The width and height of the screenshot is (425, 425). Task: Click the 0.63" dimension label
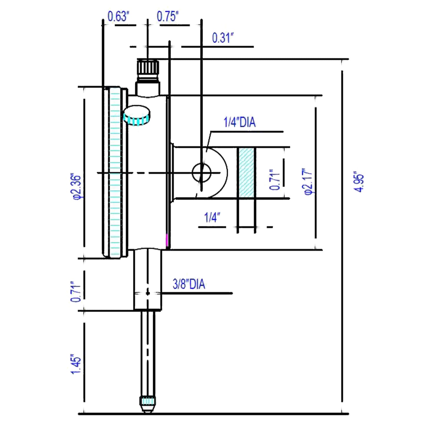[x=118, y=16]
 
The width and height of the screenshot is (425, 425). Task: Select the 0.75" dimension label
[x=168, y=16]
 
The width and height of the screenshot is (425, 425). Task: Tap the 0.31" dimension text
[x=223, y=38]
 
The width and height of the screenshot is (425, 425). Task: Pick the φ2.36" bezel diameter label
[x=76, y=187]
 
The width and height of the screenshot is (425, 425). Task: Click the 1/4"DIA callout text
[x=239, y=122]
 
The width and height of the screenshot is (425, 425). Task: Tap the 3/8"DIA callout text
[x=189, y=284]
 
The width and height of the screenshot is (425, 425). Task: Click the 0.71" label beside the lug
[x=275, y=179]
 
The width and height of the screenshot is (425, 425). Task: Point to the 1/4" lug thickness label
[x=212, y=218]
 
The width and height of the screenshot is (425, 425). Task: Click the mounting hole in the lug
[x=201, y=173]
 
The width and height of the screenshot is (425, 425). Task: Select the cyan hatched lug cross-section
[x=246, y=173]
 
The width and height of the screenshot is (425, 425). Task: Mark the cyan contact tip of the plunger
[x=148, y=401]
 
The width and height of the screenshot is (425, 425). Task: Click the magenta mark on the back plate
[x=167, y=241]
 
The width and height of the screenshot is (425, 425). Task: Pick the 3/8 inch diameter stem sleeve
[x=148, y=279]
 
